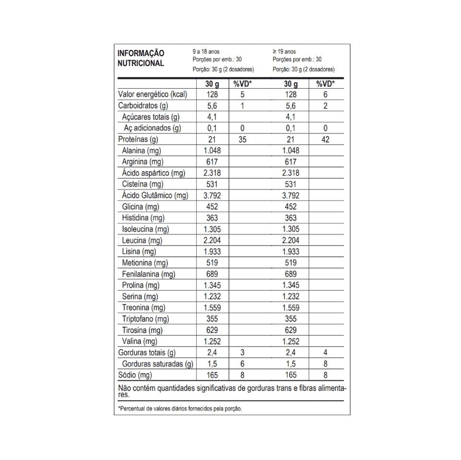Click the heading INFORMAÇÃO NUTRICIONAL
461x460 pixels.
[x=141, y=58]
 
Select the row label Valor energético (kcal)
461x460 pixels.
[x=153, y=94]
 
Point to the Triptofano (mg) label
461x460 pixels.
[x=146, y=319]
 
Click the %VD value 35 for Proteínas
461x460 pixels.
[x=242, y=140]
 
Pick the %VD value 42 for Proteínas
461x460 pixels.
[x=325, y=140]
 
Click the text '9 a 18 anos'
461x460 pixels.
[x=206, y=51]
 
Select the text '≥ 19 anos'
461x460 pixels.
[x=284, y=51]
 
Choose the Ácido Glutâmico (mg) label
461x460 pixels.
[x=155, y=196]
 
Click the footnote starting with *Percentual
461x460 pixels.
[x=180, y=409]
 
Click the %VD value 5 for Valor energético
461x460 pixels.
[x=243, y=94]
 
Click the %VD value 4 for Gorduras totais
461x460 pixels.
[x=325, y=353]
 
